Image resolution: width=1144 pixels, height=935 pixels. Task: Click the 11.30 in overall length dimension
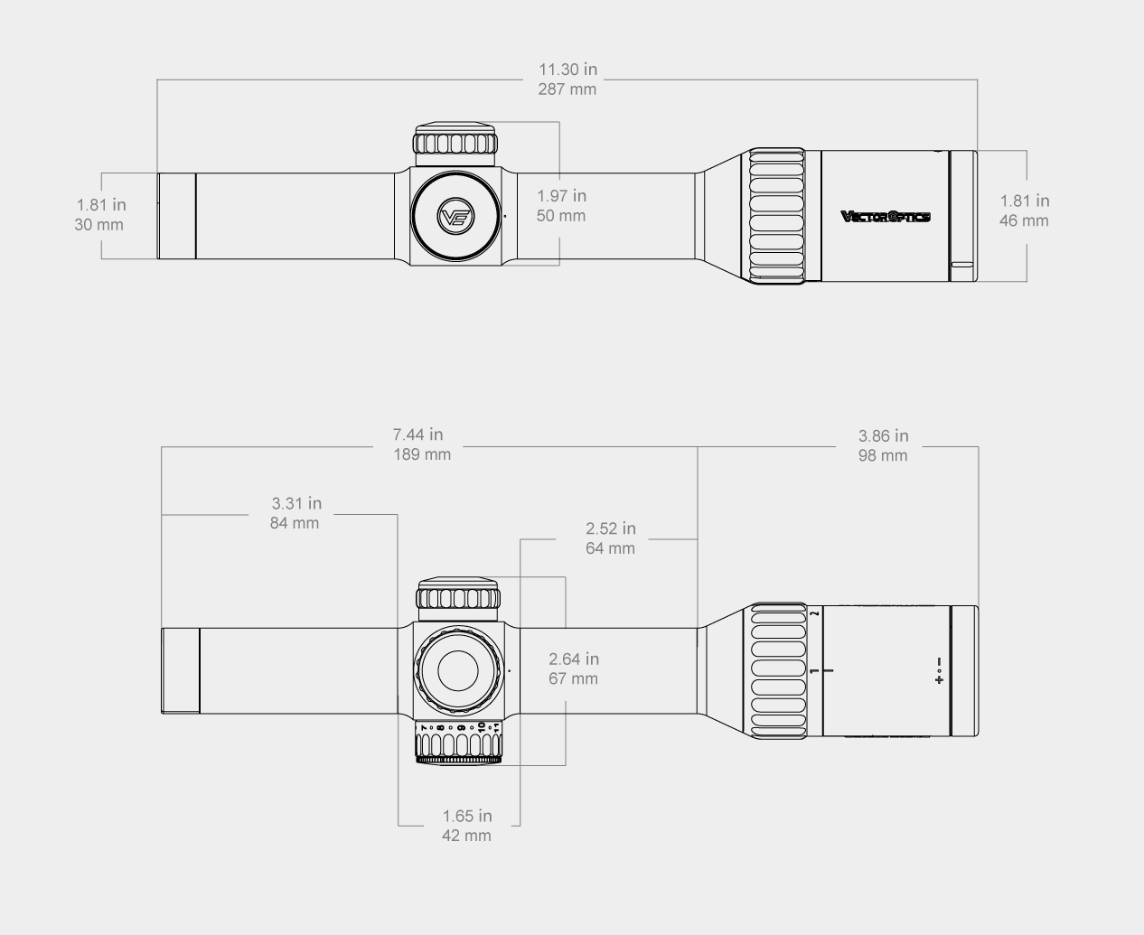[x=567, y=70]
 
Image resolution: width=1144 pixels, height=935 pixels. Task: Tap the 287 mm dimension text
[x=567, y=89]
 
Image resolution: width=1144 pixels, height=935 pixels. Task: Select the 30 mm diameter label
[x=98, y=225]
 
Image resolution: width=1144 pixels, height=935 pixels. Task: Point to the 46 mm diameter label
[x=1024, y=221]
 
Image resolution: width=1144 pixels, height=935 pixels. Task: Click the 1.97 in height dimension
[x=561, y=196]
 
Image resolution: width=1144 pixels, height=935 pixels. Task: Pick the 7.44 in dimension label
[x=418, y=435]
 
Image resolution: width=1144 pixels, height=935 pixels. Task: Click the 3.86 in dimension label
[x=883, y=436]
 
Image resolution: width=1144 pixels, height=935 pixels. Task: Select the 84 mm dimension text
[x=295, y=523]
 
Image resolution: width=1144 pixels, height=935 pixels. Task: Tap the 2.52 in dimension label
[x=610, y=528]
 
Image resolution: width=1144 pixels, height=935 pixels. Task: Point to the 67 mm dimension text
[x=573, y=678]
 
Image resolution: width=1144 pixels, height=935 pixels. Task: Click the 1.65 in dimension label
[x=467, y=817]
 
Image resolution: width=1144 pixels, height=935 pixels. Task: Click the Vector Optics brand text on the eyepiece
[x=885, y=216]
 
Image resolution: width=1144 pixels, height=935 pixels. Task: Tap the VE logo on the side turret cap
[x=455, y=217]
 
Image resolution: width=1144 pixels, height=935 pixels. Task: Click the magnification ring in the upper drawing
[x=776, y=217]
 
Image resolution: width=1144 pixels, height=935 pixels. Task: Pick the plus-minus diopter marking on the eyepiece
[x=940, y=670]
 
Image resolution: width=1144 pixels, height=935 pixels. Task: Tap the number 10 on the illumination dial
[x=481, y=726]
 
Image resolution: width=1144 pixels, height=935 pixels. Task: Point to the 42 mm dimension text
[x=466, y=836]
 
